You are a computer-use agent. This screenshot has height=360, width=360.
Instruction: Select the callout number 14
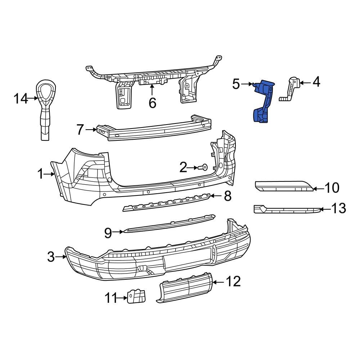tap(21, 98)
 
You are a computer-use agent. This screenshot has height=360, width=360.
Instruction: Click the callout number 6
tap(152, 103)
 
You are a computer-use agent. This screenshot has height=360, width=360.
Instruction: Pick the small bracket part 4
tap(292, 90)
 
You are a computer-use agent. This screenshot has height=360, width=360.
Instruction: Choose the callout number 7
tap(80, 129)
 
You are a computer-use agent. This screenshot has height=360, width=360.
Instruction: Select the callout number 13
tap(338, 208)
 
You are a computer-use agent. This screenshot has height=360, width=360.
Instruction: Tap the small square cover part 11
tap(136, 296)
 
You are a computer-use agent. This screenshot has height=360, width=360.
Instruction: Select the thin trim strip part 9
tap(169, 224)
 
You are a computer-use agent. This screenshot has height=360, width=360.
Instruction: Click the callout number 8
tap(228, 196)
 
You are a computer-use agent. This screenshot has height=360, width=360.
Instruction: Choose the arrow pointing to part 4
tap(305, 83)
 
